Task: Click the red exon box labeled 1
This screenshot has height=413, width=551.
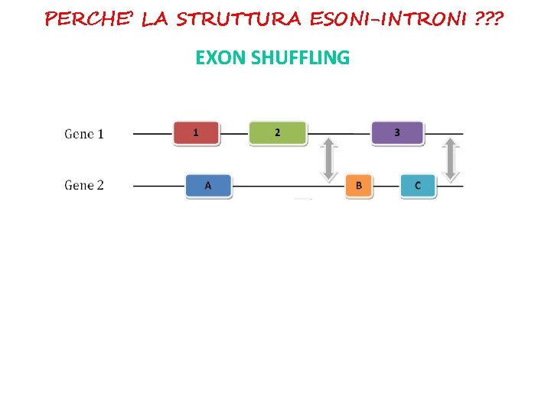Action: point(196,133)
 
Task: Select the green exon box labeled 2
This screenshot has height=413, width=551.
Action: point(277,133)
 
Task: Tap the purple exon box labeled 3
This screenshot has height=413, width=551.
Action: point(396,133)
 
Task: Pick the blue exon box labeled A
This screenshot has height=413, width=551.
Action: point(208,186)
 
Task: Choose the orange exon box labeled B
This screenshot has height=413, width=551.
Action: point(358,186)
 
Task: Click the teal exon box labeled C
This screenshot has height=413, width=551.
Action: point(418,186)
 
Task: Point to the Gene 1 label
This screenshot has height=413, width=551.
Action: point(84,134)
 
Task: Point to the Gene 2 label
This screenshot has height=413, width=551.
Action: point(84,185)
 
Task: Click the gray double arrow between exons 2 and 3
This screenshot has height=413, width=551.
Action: point(329,160)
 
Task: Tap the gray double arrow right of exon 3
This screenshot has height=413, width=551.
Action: point(451,160)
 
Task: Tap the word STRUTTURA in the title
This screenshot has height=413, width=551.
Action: point(239,18)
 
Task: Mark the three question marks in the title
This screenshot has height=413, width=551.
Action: point(489,18)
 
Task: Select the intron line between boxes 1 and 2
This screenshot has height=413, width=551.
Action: point(234,134)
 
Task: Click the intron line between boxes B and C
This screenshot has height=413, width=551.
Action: point(387,186)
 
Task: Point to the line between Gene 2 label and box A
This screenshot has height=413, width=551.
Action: point(158,186)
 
